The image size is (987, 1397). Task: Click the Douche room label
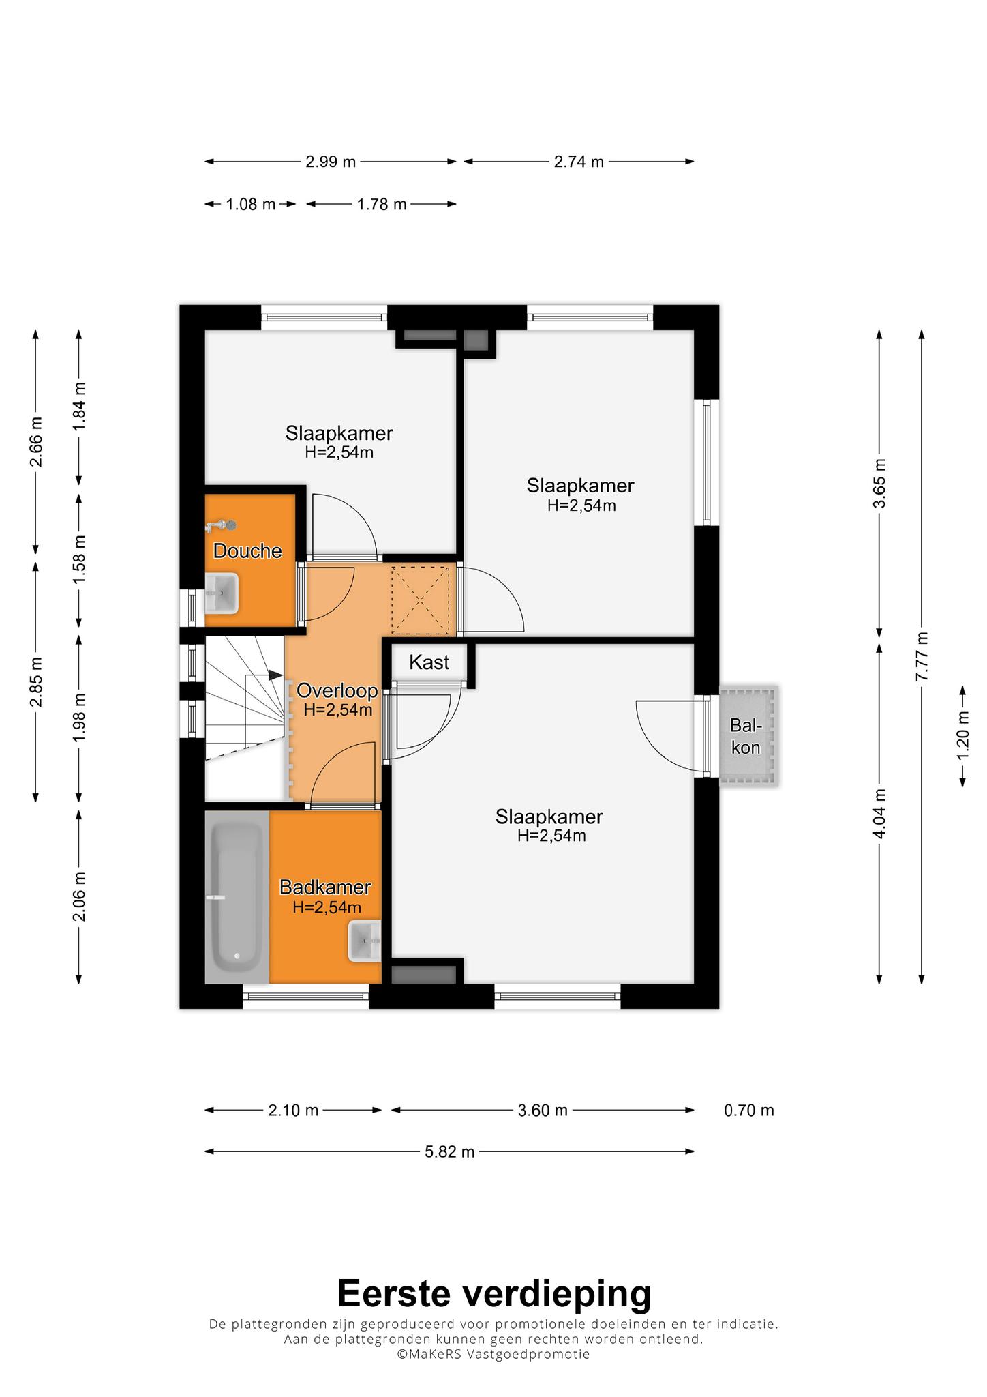[247, 551]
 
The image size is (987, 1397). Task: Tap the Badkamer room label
[325, 887]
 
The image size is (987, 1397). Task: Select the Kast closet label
[429, 662]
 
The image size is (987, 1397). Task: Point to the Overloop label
[337, 690]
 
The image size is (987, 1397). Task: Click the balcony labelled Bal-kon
[748, 735]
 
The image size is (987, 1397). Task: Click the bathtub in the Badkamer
[237, 897]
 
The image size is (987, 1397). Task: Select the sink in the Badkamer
[365, 941]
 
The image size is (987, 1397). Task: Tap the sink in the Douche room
[222, 593]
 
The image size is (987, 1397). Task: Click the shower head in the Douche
[221, 525]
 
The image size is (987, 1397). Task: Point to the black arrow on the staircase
[275, 675]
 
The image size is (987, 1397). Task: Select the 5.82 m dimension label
[449, 1151]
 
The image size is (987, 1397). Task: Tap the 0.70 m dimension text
[749, 1110]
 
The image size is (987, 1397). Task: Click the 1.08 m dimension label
[251, 204]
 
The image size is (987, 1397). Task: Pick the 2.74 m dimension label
[579, 162]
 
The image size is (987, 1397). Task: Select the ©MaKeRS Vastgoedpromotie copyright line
[494, 1354]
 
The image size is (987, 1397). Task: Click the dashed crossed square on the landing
[419, 598]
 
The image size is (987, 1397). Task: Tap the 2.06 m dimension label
[80, 896]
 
